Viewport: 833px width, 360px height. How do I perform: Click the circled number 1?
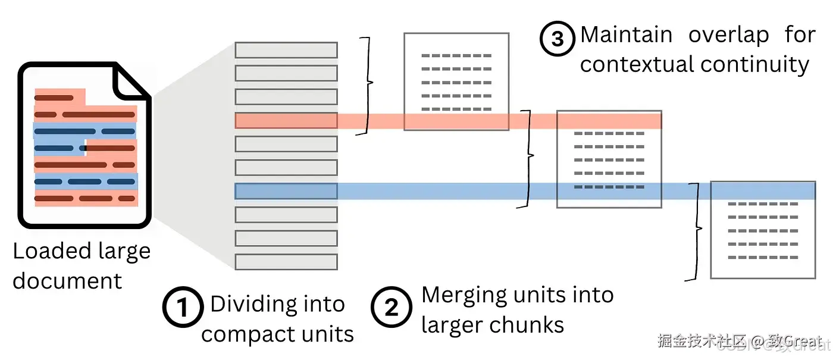(x=183, y=308)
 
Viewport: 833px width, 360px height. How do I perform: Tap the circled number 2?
(x=392, y=308)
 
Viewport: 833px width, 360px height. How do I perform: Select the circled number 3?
(x=558, y=39)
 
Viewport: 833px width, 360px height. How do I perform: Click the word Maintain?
(x=625, y=35)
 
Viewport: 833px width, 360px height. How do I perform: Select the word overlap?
(x=728, y=35)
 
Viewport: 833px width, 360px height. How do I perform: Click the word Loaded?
(x=51, y=252)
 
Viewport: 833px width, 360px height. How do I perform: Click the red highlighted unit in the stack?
(x=286, y=121)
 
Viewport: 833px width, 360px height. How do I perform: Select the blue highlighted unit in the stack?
(x=286, y=191)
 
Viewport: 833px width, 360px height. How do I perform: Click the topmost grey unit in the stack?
(x=286, y=50)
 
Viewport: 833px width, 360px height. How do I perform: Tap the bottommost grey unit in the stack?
(x=286, y=262)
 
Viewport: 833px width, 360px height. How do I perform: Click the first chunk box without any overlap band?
(x=456, y=82)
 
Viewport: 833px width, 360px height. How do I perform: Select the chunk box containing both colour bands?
(x=609, y=159)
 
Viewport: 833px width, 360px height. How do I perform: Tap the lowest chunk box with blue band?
(x=763, y=230)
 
